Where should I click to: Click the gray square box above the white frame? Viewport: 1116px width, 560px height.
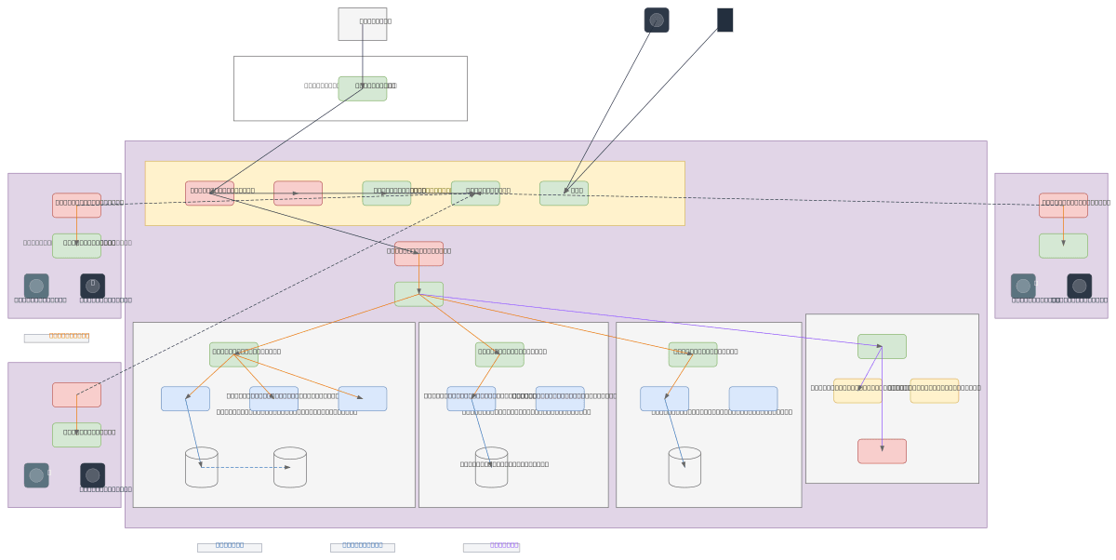362,24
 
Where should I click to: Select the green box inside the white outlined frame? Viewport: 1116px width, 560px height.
362,88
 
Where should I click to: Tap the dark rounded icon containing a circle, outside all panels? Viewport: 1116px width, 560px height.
657,20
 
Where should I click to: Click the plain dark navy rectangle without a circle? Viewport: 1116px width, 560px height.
724,20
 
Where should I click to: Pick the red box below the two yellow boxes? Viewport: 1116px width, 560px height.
882,451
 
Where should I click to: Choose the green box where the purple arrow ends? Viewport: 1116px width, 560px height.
882,346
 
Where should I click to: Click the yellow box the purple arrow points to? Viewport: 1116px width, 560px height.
857,391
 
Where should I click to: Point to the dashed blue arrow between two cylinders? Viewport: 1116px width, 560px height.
246,467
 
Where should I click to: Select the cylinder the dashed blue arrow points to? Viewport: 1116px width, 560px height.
289,467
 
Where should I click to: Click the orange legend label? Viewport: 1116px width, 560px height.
57,338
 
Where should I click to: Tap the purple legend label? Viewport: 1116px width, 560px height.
491,548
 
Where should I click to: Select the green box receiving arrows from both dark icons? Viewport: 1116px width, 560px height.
564,193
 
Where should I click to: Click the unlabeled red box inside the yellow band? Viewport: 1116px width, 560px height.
298,193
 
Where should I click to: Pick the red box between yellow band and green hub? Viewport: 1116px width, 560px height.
418,254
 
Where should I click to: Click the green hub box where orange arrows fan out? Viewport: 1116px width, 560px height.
418,294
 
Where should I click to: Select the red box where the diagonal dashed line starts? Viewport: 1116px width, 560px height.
76,394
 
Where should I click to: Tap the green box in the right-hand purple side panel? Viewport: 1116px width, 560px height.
1063,246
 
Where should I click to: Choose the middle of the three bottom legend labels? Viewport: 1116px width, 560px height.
362,548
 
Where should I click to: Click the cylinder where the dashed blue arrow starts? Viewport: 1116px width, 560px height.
201,467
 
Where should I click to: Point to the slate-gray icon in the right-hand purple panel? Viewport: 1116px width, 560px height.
1023,286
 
